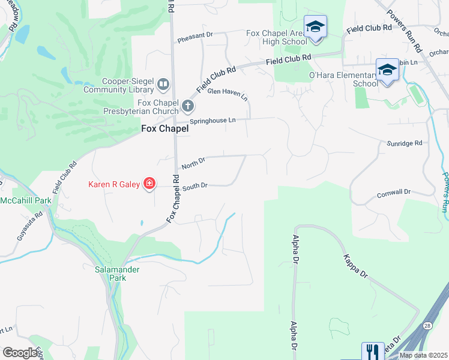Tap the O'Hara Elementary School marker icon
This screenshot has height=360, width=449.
pyautogui.click(x=387, y=70)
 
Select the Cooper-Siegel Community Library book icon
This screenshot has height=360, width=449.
pyautogui.click(x=163, y=86)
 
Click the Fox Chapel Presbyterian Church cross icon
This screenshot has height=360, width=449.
pyautogui.click(x=188, y=107)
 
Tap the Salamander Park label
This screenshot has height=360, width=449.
pyautogui.click(x=117, y=274)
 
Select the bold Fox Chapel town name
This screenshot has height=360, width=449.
pyautogui.click(x=164, y=128)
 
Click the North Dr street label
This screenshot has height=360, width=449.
pyautogui.click(x=193, y=161)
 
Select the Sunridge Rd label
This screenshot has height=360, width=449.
pyautogui.click(x=405, y=143)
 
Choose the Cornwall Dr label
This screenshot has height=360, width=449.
pyautogui.click(x=393, y=193)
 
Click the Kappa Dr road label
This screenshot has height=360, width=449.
pyautogui.click(x=355, y=264)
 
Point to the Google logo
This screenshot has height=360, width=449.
pyautogui.click(x=20, y=353)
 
